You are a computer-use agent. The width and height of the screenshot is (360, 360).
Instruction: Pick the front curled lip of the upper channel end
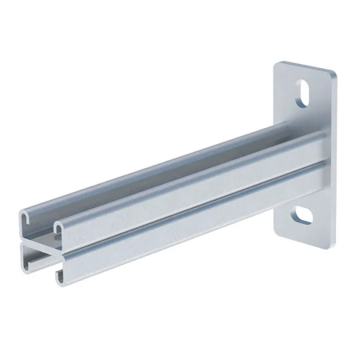(x=62, y=230)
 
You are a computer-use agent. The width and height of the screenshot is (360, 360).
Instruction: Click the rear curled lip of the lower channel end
(x=29, y=254)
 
